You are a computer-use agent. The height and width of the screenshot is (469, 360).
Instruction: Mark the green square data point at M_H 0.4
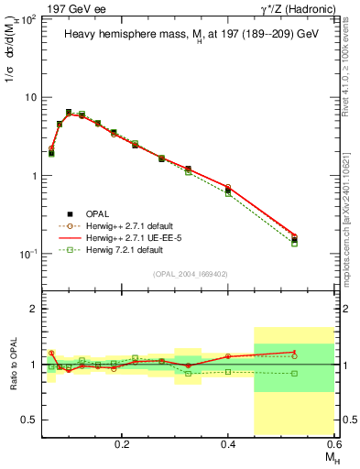point(228,193)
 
